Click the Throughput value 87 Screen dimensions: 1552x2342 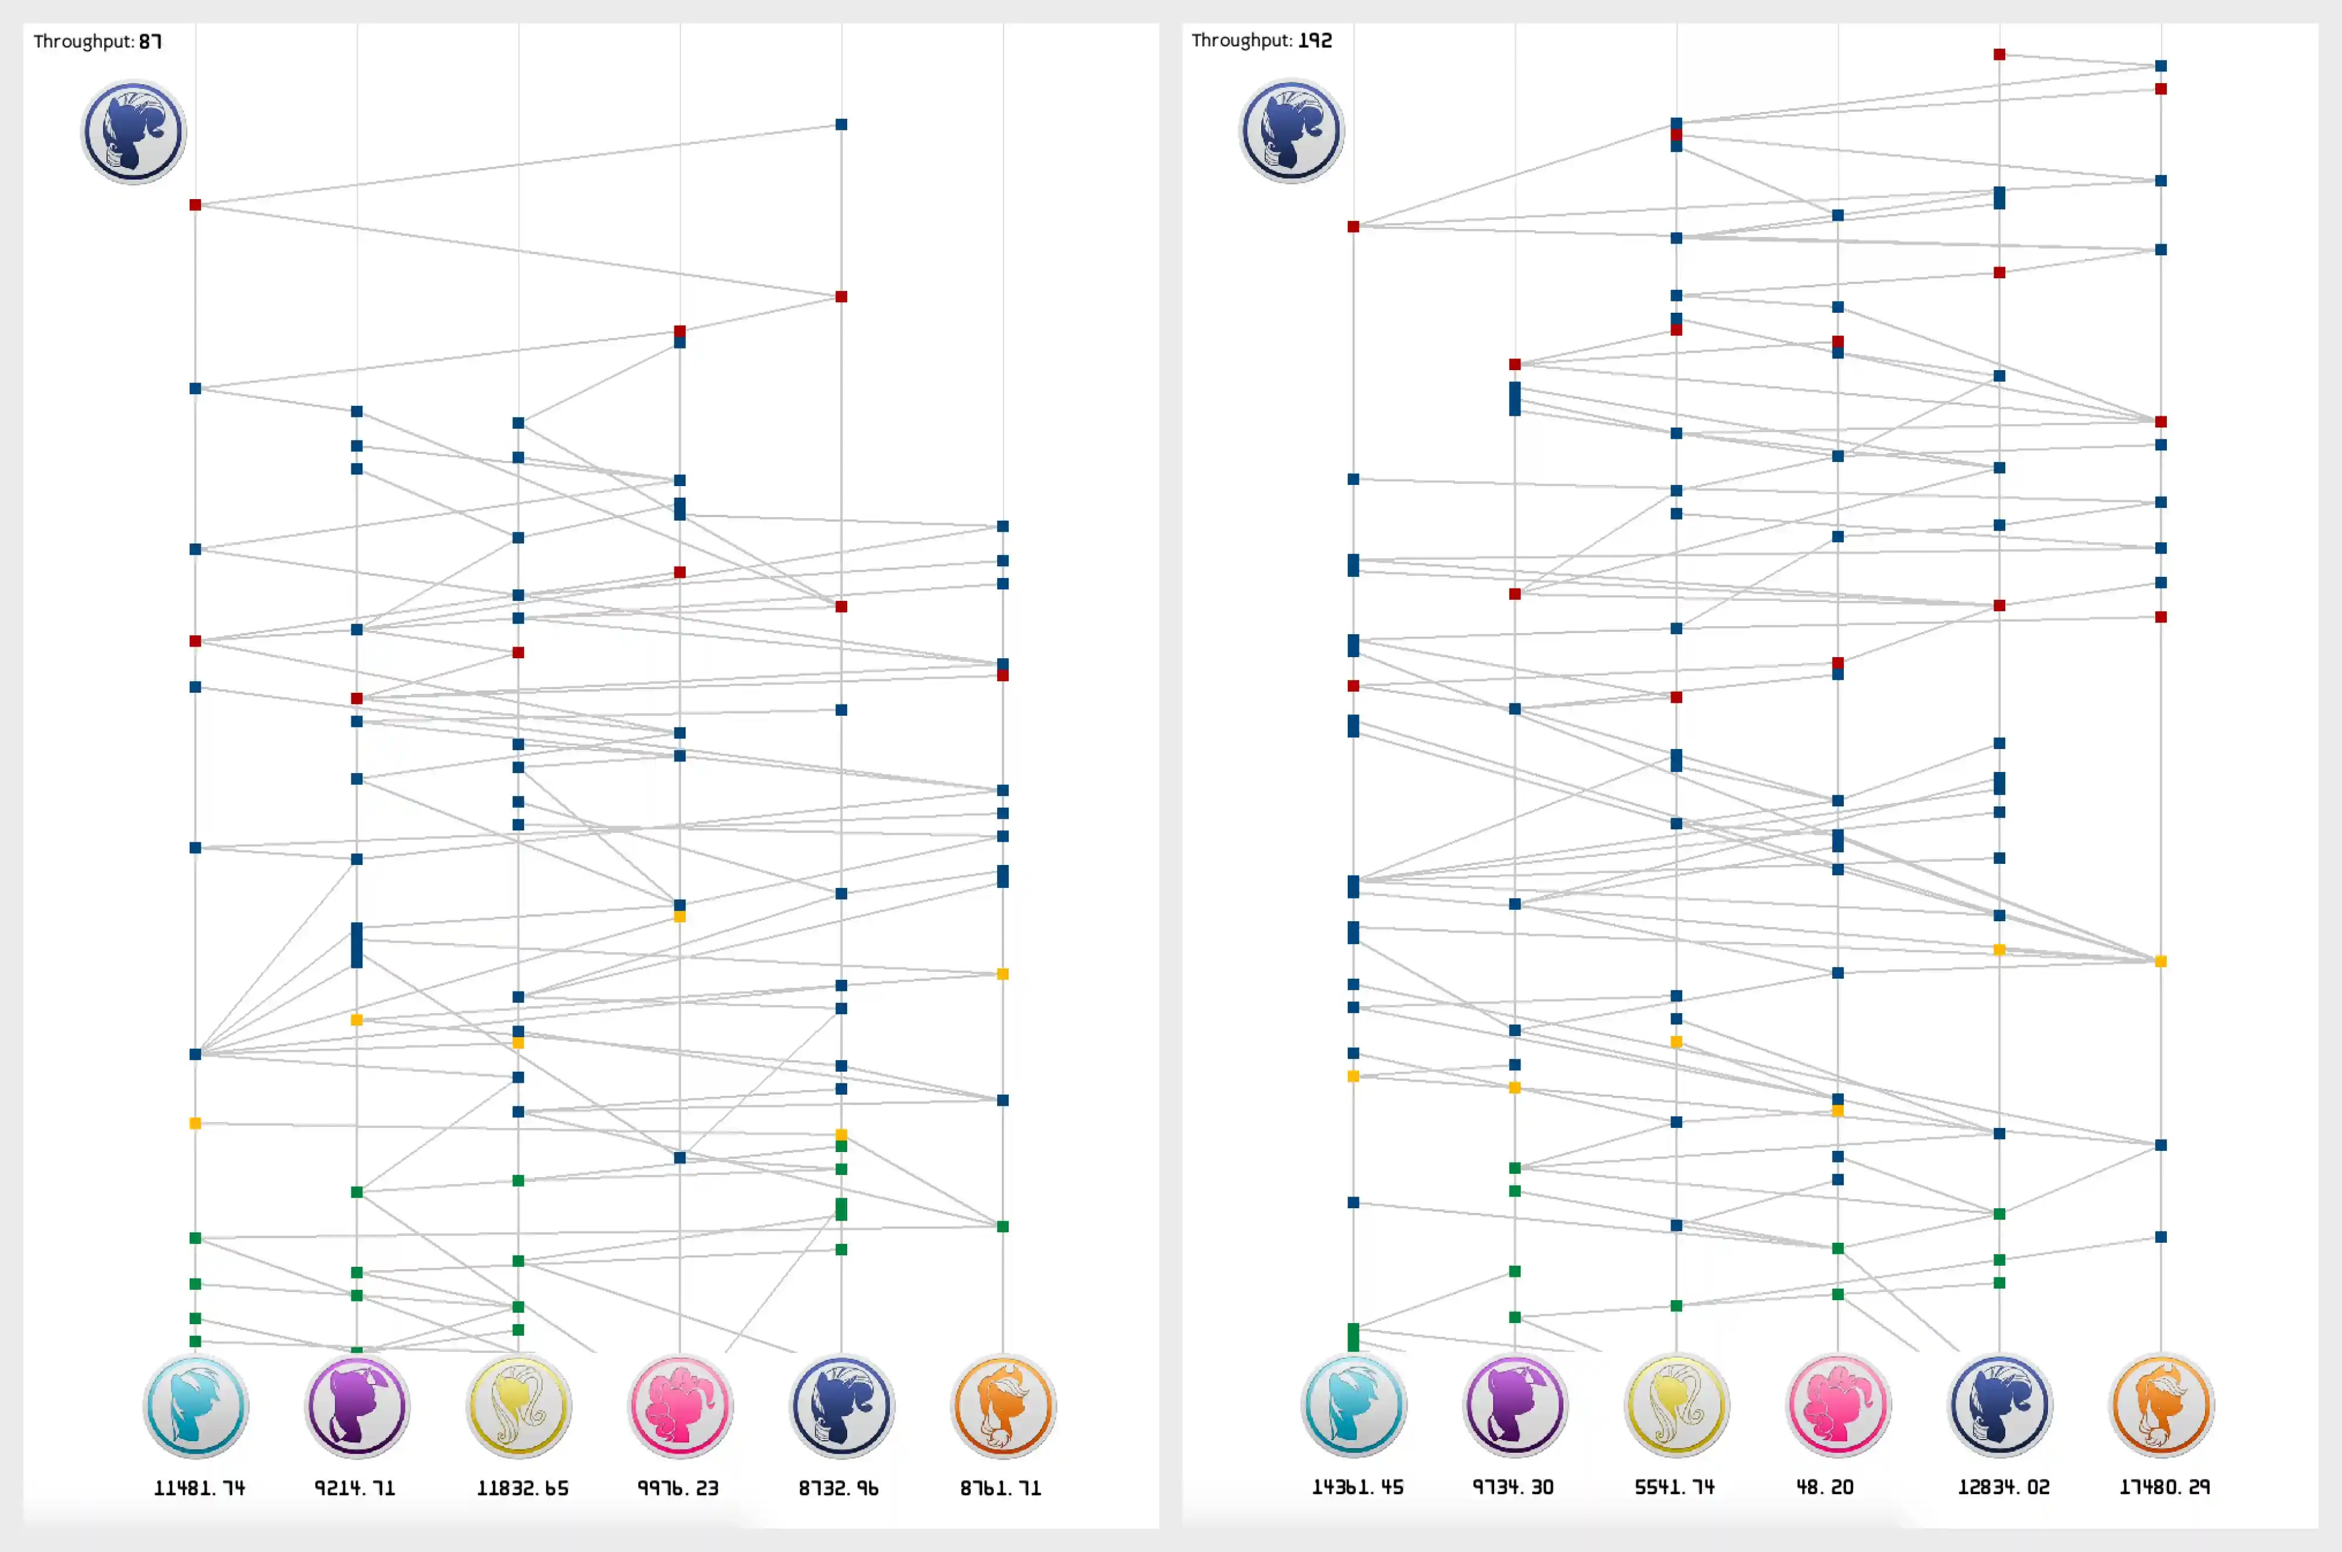pos(150,42)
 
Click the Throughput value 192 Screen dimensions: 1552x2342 pos(1315,40)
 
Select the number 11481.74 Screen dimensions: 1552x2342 pos(199,1488)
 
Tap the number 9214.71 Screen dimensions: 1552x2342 pos(355,1488)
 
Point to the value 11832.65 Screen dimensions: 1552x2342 pos(522,1488)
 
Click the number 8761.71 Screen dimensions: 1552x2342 pos(1000,1488)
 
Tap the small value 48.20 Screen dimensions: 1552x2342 pos(1826,1486)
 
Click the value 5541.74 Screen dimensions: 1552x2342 pos(1674,1486)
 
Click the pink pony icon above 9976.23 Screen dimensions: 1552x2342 pos(680,1406)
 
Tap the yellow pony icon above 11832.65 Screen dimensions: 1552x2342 pos(519,1406)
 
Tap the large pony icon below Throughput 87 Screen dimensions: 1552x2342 pos(133,132)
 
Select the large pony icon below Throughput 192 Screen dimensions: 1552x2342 pos(1291,131)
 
